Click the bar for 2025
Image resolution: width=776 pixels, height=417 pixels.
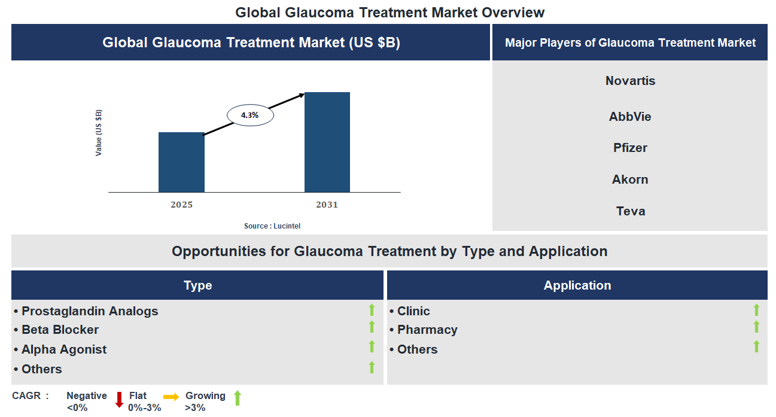pos(181,162)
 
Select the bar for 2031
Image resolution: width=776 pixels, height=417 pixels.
pos(327,142)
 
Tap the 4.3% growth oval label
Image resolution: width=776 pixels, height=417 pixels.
pos(250,115)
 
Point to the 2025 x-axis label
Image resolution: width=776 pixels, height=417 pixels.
pos(181,205)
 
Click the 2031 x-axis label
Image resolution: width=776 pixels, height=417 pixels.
pos(327,205)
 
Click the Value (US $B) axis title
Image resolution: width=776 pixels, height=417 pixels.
pos(99,133)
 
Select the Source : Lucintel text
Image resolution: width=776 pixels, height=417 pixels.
pos(272,226)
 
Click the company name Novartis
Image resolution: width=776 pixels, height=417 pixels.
pos(630,81)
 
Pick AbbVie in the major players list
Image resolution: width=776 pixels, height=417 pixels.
pos(630,117)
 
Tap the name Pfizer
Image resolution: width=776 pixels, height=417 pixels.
pos(630,148)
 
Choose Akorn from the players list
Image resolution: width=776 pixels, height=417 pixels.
pos(630,179)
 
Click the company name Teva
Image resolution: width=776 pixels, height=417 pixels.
pos(630,211)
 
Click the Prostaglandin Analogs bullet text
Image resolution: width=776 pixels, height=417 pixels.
pos(90,311)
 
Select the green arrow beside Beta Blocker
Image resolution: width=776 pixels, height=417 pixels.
pos(372,327)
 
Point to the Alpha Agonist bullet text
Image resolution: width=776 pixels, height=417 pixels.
pos(64,349)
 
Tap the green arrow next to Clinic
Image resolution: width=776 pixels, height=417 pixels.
pos(756,310)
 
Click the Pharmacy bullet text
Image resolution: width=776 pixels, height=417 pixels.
pos(427,330)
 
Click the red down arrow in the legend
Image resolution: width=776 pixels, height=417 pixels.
pos(119,399)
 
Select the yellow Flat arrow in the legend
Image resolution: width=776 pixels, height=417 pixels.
pos(171,397)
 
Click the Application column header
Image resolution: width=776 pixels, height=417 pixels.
pos(577,285)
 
